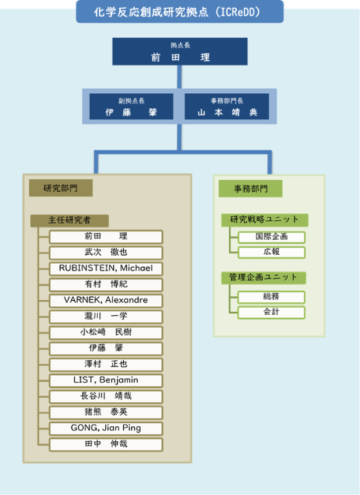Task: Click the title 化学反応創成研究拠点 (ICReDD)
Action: click(x=180, y=12)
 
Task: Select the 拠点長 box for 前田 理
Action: click(x=180, y=52)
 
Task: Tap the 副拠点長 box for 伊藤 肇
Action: click(x=131, y=106)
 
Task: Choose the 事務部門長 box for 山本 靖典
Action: click(x=227, y=106)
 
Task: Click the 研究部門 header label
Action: click(x=61, y=188)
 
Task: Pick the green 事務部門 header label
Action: click(x=250, y=189)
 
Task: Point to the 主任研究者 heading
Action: click(x=70, y=220)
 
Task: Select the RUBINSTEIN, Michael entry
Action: click(x=106, y=268)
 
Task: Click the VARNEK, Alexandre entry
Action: click(x=106, y=300)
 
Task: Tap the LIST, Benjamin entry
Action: click(x=106, y=380)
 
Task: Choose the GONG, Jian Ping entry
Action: click(x=106, y=428)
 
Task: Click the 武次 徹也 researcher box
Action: click(x=106, y=252)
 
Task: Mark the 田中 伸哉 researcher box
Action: click(x=106, y=444)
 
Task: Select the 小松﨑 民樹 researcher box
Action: click(x=106, y=332)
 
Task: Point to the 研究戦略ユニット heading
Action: click(x=265, y=220)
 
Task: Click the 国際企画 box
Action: click(x=271, y=237)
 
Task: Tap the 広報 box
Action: click(x=271, y=252)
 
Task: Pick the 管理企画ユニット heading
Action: click(x=263, y=277)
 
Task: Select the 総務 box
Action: click(x=271, y=297)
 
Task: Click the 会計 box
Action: click(x=271, y=312)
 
